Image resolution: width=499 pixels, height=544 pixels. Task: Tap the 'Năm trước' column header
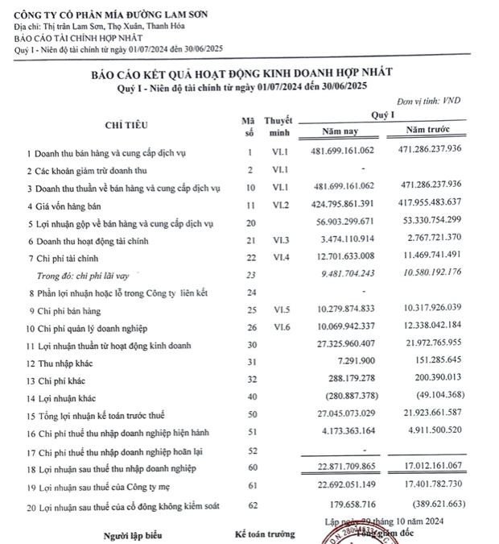point(428,129)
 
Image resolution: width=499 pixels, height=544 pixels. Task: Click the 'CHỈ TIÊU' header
point(126,124)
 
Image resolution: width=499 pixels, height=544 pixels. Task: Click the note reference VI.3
point(279,239)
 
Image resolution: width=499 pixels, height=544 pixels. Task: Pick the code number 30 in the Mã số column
point(250,345)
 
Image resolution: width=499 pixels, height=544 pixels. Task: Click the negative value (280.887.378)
point(347,397)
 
